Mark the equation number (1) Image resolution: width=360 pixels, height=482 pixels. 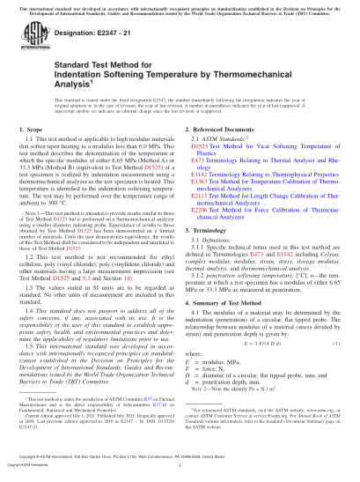point(338,345)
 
